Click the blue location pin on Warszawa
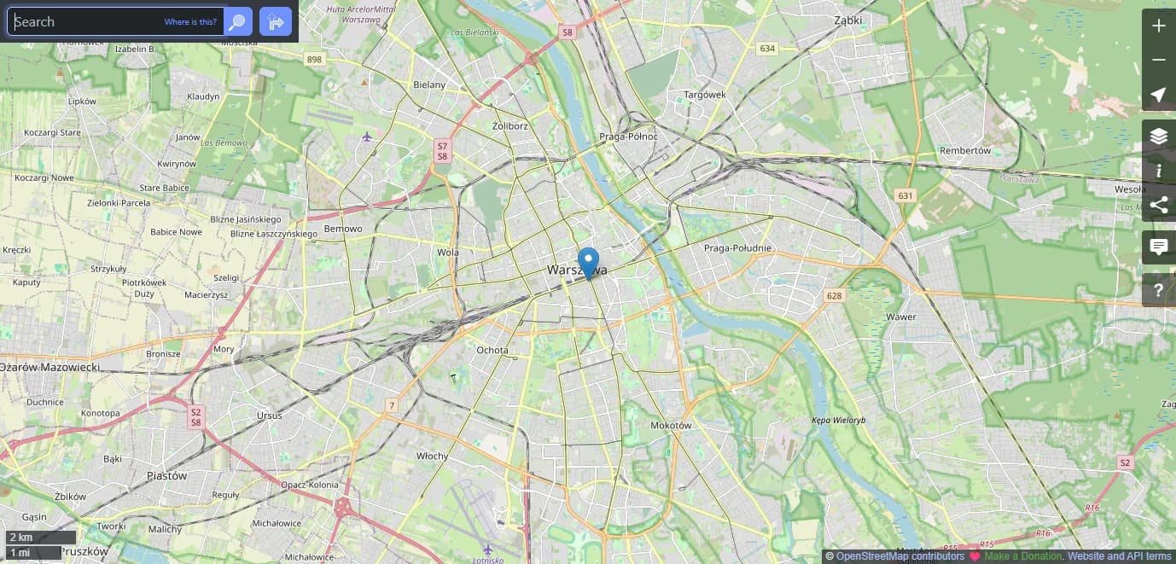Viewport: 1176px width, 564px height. (x=588, y=262)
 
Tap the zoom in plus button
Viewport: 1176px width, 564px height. (x=1158, y=26)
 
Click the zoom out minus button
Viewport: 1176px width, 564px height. (x=1158, y=60)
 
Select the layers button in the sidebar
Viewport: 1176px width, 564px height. (x=1158, y=137)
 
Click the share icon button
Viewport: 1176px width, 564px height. (x=1158, y=205)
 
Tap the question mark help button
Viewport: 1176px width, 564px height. (x=1158, y=290)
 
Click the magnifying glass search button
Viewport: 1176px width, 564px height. (x=238, y=22)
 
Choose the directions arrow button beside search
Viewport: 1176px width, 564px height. (x=275, y=22)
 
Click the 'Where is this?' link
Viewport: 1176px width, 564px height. (x=190, y=22)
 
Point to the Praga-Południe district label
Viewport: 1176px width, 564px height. (x=737, y=248)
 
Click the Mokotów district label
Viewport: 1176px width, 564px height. (x=671, y=425)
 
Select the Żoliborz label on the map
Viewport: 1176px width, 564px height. (x=510, y=125)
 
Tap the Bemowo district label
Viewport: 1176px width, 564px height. (x=343, y=229)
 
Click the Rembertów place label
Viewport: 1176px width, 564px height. (x=965, y=150)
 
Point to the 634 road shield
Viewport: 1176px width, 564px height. (x=767, y=49)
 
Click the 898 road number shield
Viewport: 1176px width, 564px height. (x=315, y=59)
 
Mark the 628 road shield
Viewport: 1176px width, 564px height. (x=834, y=296)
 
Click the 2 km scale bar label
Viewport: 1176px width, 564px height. (x=21, y=538)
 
